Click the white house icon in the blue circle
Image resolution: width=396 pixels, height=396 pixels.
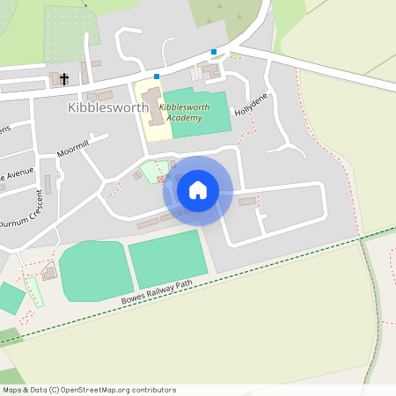pyautogui.click(x=197, y=190)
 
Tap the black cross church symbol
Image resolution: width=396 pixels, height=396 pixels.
pyautogui.click(x=63, y=79)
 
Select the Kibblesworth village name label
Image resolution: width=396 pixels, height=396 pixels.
pyautogui.click(x=107, y=107)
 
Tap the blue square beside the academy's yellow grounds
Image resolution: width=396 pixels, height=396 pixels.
pyautogui.click(x=157, y=77)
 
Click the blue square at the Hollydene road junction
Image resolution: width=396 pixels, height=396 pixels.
pyautogui.click(x=214, y=51)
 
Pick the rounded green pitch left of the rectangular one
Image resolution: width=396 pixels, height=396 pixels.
pyautogui.click(x=95, y=269)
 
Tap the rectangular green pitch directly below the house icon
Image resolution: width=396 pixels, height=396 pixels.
pyautogui.click(x=168, y=258)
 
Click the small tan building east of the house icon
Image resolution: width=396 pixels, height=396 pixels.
pyautogui.click(x=247, y=202)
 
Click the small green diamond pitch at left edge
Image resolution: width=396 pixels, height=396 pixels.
pyautogui.click(x=10, y=297)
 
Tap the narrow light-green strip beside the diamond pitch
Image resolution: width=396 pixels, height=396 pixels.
pyautogui.click(x=34, y=291)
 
